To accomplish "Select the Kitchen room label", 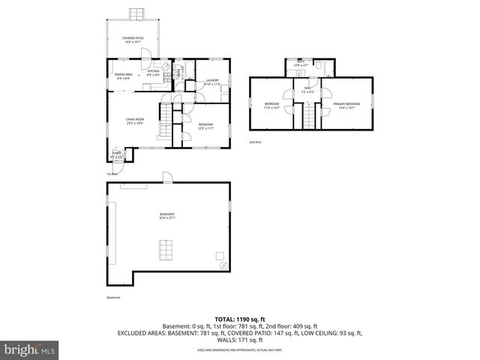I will click(x=153, y=73).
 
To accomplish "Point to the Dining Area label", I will click(x=124, y=75).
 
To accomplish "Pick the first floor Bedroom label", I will click(x=205, y=126).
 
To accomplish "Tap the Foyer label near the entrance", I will click(x=117, y=154).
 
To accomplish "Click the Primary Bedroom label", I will click(x=346, y=105).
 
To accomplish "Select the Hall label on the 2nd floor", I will click(x=307, y=91).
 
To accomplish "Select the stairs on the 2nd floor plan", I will click(x=307, y=117).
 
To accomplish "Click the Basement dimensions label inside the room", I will click(x=167, y=217).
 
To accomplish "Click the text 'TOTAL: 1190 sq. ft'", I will click(x=240, y=319).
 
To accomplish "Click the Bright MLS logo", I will click(x=30, y=349).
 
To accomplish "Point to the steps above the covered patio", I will click(x=136, y=14).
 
